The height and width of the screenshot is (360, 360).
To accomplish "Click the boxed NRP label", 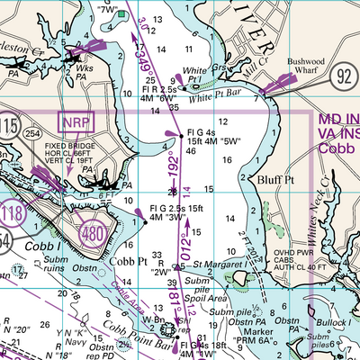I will click(x=76, y=121).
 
